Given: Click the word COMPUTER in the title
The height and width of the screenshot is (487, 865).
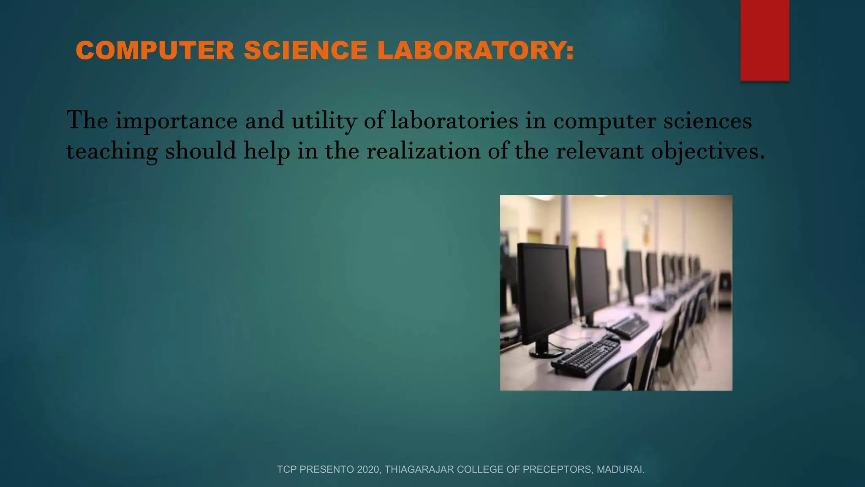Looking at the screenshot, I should pos(155,50).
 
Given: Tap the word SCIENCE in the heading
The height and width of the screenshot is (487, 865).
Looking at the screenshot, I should pos(306,50).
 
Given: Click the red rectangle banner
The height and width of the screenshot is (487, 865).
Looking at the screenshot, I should pos(764,40).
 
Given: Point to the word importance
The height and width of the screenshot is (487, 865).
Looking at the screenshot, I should pos(177,121).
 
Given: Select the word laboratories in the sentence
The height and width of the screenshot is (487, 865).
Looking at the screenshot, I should pos(454,121).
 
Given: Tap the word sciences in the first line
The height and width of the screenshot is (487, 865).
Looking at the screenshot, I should pos(707,121).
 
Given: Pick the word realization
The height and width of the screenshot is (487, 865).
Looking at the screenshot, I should pos(423,151).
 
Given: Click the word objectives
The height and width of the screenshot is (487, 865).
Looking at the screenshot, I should pos(707,151).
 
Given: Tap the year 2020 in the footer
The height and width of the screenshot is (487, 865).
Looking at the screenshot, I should pos(368,469).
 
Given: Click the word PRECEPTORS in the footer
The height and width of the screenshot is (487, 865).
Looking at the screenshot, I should pos(557,469).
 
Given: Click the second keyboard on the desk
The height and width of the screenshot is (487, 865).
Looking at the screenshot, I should pos(628,326).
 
